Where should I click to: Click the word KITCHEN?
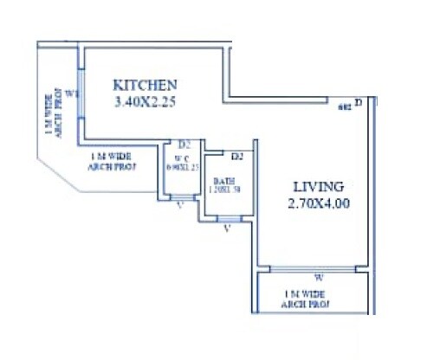click(146, 85)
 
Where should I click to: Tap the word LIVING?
click(317, 186)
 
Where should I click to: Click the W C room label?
click(182, 158)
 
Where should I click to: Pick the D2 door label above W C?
click(184, 145)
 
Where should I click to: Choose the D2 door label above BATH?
click(236, 156)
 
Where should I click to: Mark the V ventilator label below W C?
click(179, 206)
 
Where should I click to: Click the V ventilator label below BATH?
click(226, 228)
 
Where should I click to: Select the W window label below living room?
click(319, 278)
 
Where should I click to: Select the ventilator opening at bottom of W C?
click(180, 197)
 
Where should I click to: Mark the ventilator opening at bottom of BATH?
click(229, 218)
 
